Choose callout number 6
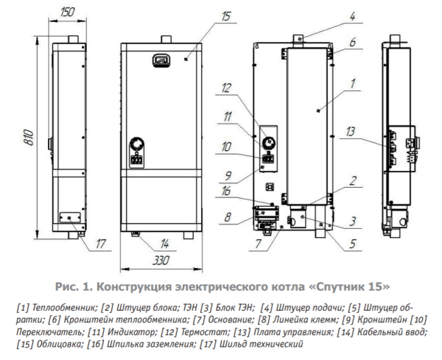[352, 43]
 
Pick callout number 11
[228, 116]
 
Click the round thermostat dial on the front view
[138, 144]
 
